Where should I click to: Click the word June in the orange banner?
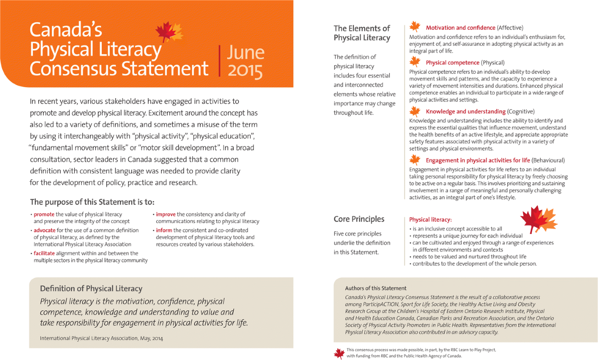click(245, 53)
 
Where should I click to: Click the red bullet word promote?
click(44, 214)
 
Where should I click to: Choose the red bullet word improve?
click(165, 214)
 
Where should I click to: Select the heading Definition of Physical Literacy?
click(91, 288)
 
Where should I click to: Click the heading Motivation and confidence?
click(460, 28)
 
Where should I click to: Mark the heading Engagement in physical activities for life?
click(477, 160)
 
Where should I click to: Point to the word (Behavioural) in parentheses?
click(548, 160)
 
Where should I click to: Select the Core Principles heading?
click(359, 219)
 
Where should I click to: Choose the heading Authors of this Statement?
click(376, 288)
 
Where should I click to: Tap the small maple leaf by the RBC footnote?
click(339, 353)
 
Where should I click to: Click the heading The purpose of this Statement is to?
click(92, 202)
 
